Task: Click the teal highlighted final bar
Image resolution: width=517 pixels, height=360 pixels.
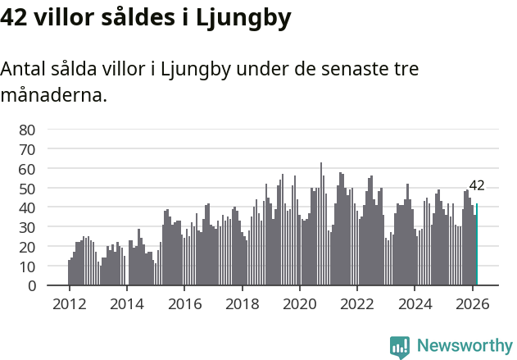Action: (x=477, y=245)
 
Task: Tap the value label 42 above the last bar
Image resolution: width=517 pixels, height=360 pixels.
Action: (x=477, y=185)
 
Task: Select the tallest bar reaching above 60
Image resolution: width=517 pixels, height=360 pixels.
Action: (x=321, y=224)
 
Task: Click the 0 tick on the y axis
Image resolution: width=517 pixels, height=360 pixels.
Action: (x=31, y=286)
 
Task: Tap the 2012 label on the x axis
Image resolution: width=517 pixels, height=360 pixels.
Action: (x=69, y=303)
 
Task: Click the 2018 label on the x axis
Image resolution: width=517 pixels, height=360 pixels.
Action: (x=242, y=303)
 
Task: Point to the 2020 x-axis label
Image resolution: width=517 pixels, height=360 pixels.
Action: (x=299, y=303)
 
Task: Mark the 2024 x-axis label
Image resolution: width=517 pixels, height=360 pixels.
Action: (x=415, y=303)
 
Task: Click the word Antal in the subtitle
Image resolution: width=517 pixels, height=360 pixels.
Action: (x=23, y=69)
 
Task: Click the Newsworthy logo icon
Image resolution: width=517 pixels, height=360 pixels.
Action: (x=400, y=347)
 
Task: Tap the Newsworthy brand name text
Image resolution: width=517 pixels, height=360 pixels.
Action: (x=464, y=346)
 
